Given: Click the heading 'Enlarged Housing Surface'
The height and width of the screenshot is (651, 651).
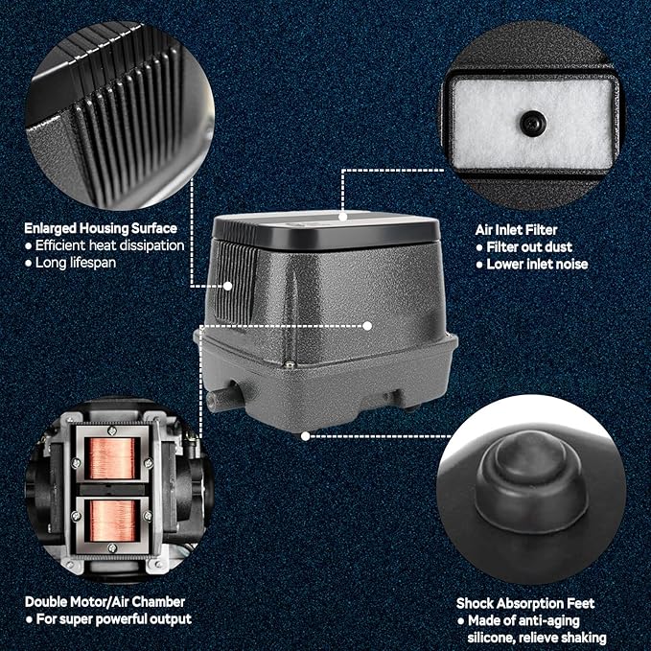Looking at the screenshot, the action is (x=101, y=228).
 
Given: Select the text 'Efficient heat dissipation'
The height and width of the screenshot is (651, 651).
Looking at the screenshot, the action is (x=109, y=245).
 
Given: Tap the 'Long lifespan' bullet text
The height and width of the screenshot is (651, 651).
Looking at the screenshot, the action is (x=76, y=263).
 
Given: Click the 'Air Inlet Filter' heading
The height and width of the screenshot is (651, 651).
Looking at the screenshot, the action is (x=516, y=229).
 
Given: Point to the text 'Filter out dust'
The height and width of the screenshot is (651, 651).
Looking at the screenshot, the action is (x=529, y=247).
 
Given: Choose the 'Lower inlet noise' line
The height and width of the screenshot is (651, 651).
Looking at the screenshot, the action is (x=537, y=265).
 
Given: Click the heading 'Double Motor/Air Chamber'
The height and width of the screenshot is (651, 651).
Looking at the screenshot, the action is (x=105, y=601).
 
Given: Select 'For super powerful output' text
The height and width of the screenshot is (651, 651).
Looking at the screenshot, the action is (x=114, y=619).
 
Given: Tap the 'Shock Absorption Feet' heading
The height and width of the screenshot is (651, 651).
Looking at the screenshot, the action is (x=525, y=603).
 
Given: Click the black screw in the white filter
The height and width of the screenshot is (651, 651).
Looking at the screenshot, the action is (x=533, y=123).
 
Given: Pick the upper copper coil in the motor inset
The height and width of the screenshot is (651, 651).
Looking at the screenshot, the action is (x=112, y=458).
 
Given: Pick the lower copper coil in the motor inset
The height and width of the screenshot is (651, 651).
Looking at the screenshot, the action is (x=112, y=521).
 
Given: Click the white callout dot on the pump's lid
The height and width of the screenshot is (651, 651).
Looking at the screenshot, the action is (x=342, y=217).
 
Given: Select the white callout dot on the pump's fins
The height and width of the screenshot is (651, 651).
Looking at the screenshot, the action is (x=227, y=286).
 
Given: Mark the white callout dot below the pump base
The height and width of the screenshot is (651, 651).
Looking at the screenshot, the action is (x=305, y=436).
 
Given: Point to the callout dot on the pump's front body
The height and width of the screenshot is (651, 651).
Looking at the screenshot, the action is (x=367, y=326).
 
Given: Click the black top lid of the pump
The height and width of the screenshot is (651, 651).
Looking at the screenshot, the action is (x=326, y=229).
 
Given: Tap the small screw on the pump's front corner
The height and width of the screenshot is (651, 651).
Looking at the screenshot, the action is (x=290, y=364).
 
